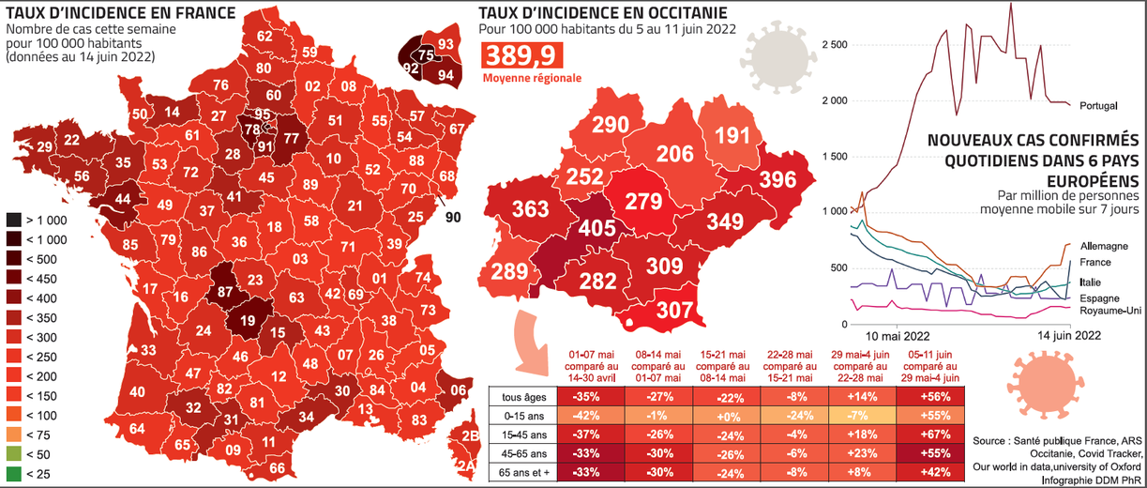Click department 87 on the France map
(x=225, y=292)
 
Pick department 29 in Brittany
(x=45, y=146)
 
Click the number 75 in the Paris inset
(x=427, y=55)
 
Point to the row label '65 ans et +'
(x=523, y=472)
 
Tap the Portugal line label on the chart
(x=1097, y=104)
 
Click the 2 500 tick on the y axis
(x=834, y=45)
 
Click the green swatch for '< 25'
(x=15, y=474)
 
